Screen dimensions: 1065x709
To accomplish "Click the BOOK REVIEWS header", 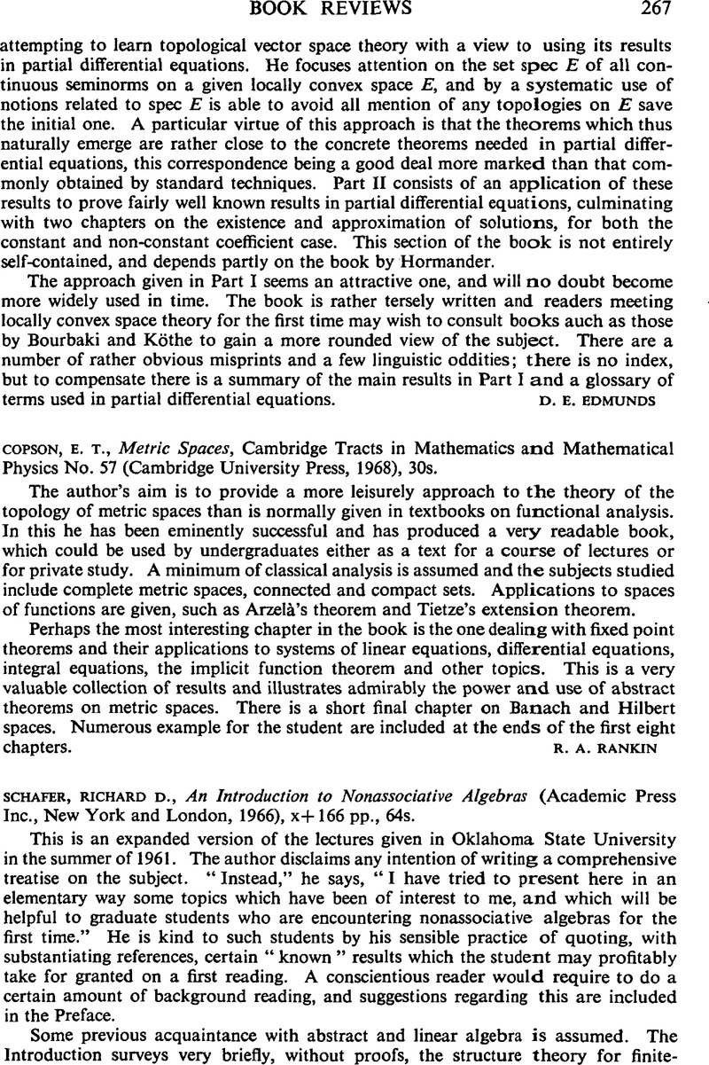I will [354, 10].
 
